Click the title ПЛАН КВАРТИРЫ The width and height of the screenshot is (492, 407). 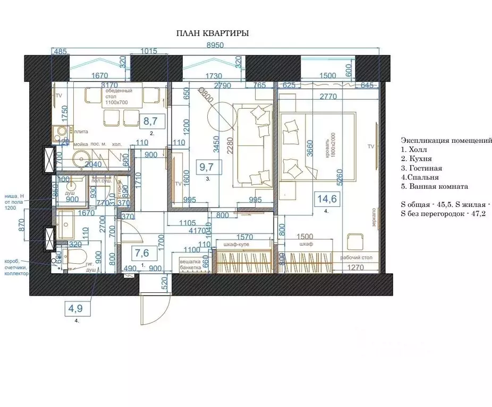pyautogui.click(x=212, y=33)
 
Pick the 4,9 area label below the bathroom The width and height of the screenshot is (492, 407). pyautogui.click(x=75, y=307)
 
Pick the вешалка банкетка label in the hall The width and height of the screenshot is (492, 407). pyautogui.click(x=191, y=265)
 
